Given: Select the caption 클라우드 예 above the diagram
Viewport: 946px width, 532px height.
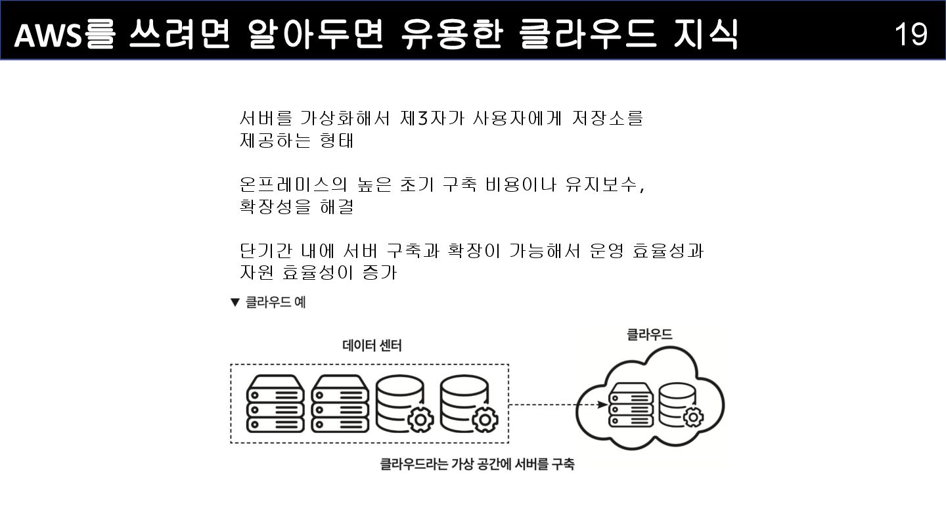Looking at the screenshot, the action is pos(275,303).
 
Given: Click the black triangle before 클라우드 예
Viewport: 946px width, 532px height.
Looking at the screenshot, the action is pos(235,303).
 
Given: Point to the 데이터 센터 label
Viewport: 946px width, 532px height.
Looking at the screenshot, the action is pos(372,345).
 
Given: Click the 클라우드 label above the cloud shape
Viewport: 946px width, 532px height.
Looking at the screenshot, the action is pos(649,334).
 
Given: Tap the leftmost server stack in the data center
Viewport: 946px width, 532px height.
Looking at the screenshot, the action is pos(275,403).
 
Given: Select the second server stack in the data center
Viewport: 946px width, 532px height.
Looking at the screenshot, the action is pos(340,403).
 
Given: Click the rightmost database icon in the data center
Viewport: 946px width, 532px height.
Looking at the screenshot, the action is pos(468,403).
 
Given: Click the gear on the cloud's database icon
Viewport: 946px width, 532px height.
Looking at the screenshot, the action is pos(693,416).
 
